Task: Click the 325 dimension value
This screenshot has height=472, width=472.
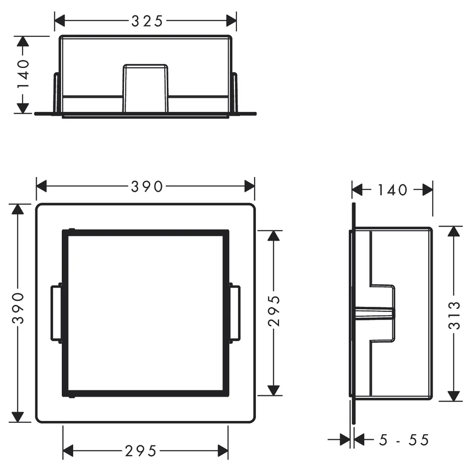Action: click(147, 21)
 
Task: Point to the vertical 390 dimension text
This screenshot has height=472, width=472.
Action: click(18, 308)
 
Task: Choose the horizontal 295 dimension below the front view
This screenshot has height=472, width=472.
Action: click(141, 451)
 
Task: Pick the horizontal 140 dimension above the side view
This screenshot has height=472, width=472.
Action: click(393, 190)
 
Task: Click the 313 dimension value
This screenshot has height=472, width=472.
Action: click(455, 315)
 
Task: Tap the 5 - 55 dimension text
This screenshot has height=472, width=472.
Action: click(404, 440)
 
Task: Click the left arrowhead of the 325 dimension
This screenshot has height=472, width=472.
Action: click(59, 21)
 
